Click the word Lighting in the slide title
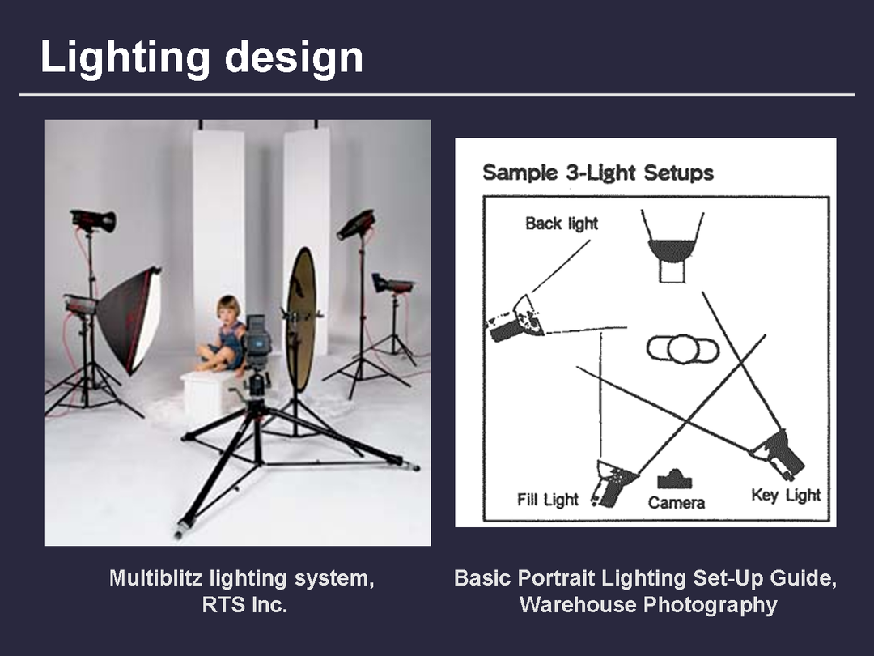pyautogui.click(x=125, y=58)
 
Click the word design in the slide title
pyautogui.click(x=294, y=57)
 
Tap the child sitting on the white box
pyautogui.click(x=223, y=334)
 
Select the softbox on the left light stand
pyautogui.click(x=129, y=319)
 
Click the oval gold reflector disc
pyautogui.click(x=301, y=319)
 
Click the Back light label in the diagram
pyautogui.click(x=562, y=224)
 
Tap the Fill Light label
pyautogui.click(x=548, y=499)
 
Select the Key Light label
pyautogui.click(x=786, y=495)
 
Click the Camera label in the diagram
pyautogui.click(x=676, y=503)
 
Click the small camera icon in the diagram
pyautogui.click(x=674, y=479)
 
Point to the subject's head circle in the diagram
pyautogui.click(x=683, y=350)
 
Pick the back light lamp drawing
pyautogui.click(x=515, y=319)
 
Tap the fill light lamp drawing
pyautogui.click(x=613, y=483)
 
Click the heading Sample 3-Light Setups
pyautogui.click(x=598, y=173)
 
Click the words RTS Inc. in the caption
pyautogui.click(x=244, y=605)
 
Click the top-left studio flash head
pyautogui.click(x=93, y=219)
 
